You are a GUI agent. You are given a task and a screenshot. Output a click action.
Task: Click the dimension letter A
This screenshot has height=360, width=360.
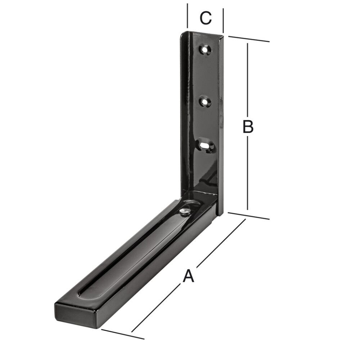tap(188, 276)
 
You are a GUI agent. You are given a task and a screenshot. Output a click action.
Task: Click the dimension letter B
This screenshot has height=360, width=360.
tap(248, 127)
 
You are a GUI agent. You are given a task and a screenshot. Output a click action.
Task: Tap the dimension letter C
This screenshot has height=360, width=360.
tap(205, 18)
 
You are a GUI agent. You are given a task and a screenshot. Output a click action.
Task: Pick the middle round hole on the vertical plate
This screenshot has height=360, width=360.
tap(205, 102)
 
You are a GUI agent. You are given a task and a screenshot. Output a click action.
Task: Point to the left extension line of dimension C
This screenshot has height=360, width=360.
tap(188, 16)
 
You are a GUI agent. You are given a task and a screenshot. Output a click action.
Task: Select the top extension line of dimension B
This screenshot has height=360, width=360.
tap(248, 39)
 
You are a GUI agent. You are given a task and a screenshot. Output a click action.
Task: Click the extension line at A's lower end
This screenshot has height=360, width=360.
tap(122, 334)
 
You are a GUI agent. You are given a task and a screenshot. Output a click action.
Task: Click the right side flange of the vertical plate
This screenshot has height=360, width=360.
tap(221, 126)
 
